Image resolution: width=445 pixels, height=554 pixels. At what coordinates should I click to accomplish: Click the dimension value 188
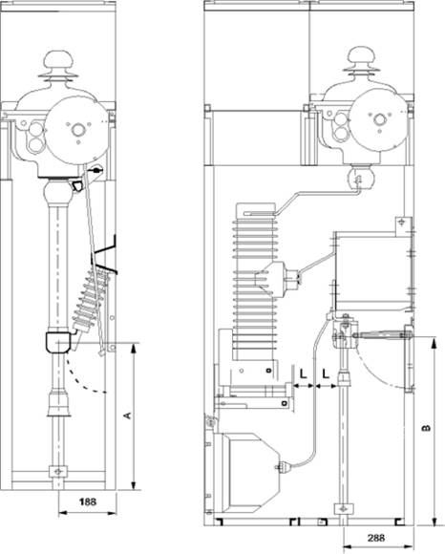click(87, 501)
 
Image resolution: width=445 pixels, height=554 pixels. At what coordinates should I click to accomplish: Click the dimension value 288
click(376, 538)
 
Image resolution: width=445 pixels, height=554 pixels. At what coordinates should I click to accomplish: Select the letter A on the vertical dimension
click(128, 415)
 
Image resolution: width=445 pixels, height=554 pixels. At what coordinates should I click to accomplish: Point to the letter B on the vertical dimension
click(426, 428)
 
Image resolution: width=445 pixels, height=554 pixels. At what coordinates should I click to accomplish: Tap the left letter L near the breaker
click(304, 374)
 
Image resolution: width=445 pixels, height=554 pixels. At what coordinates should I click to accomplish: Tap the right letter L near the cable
click(326, 374)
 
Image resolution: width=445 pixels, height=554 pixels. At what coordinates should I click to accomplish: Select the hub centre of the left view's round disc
click(77, 130)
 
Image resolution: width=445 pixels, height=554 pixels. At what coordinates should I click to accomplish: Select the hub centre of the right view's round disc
click(380, 119)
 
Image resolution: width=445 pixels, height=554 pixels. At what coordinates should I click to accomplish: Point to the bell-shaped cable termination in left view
click(58, 402)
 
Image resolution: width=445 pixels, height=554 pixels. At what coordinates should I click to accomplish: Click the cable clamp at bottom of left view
click(58, 471)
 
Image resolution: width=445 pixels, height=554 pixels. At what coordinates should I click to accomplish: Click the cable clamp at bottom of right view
click(343, 509)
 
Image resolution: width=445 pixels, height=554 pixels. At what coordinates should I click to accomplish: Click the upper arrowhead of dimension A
click(133, 349)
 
